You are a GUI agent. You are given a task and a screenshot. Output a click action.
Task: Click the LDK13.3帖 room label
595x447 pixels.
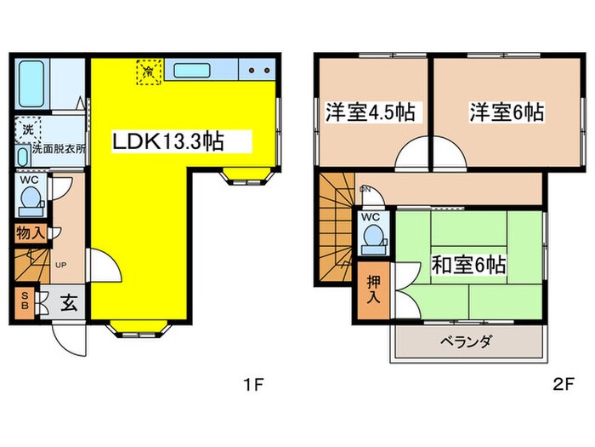tap(168, 141)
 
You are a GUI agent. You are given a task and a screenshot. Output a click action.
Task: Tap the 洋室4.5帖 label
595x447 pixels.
tap(374, 112)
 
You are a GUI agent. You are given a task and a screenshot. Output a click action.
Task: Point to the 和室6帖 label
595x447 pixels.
tap(467, 266)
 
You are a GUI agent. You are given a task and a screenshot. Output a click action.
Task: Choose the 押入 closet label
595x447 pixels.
tap(372, 291)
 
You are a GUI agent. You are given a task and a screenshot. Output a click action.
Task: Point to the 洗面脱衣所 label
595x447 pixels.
tap(59, 148)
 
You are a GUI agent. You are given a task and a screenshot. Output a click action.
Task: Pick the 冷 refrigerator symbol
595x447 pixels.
tap(149, 72)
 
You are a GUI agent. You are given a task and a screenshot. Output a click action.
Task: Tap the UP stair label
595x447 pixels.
tap(60, 266)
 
